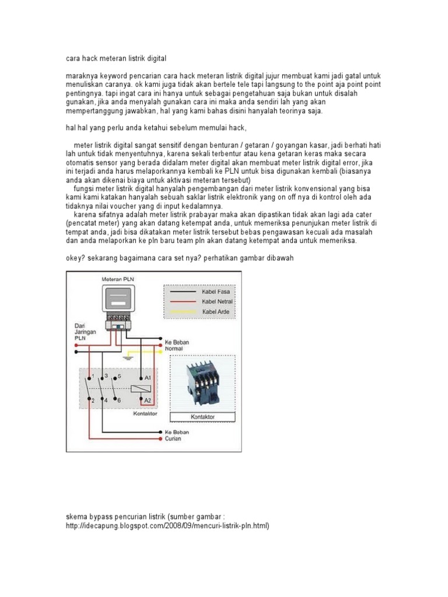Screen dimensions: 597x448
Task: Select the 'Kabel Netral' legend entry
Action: [216, 301]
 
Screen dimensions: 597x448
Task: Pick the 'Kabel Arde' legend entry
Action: [215, 312]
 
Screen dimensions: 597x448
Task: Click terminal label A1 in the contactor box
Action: [147, 378]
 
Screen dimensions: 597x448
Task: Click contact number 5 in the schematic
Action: [120, 377]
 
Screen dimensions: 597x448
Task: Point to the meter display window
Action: [119, 299]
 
